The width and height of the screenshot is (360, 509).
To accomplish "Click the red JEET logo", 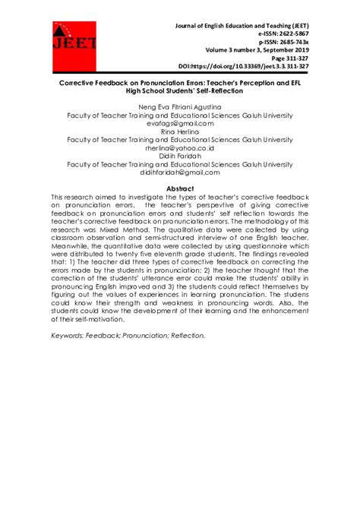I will point(74,43).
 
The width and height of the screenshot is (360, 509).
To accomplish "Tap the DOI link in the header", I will point(243,67).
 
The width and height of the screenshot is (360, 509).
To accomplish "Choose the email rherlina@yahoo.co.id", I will point(180,148).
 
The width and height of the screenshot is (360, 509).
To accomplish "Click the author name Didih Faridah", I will point(180,156).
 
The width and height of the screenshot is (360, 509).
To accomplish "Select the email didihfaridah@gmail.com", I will point(180,172).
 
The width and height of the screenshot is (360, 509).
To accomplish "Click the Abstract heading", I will point(180,188).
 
